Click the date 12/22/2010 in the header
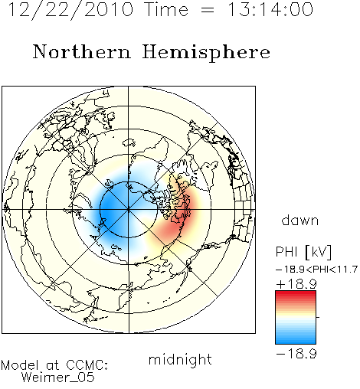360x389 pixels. [70, 10]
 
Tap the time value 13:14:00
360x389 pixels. [270, 10]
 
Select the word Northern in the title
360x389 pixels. [82, 51]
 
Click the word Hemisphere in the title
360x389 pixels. [206, 53]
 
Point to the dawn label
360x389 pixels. [300, 220]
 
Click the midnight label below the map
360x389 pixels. [180, 359]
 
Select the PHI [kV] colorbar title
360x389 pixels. [303, 252]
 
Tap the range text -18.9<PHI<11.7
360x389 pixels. [316, 270]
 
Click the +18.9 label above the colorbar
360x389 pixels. [296, 284]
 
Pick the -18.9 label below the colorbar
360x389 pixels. [296, 354]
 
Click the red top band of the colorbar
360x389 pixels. [296, 294]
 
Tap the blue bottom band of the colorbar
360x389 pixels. [296, 341]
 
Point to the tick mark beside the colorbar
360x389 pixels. [318, 317]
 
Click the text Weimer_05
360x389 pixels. [58, 378]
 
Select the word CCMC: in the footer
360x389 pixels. [87, 365]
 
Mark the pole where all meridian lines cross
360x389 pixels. [129, 210]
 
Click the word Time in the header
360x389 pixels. [166, 10]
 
